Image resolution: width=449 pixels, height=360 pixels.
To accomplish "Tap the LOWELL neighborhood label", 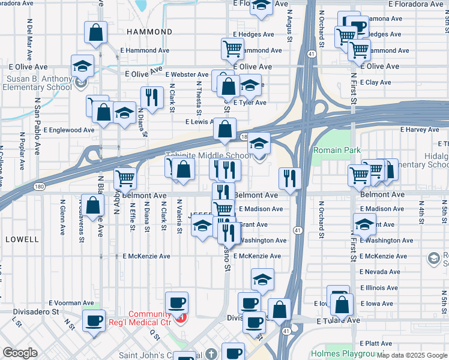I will point(22,239).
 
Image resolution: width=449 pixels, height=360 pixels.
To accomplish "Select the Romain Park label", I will point(335,150).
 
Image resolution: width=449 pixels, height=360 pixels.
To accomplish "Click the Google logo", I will point(20,353).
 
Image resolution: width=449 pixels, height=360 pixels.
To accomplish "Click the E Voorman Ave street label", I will point(71,303).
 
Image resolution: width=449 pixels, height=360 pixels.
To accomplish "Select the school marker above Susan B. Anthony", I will point(82,66).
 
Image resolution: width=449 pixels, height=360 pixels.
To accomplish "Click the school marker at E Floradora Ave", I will point(261,5).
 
